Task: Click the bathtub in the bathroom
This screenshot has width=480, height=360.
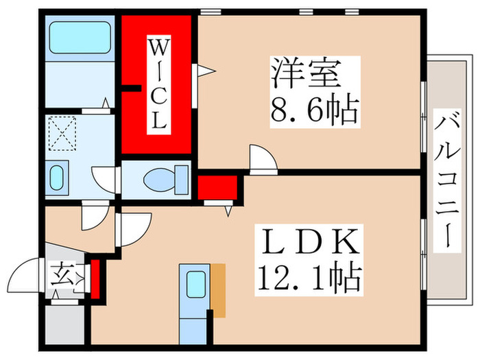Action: (x=80, y=37)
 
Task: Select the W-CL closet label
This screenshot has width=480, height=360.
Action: (x=159, y=85)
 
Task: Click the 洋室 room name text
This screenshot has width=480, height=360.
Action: (x=306, y=73)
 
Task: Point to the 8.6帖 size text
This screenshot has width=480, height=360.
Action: (x=314, y=110)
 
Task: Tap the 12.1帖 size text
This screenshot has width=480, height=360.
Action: (x=309, y=278)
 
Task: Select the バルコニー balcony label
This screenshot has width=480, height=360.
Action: (x=448, y=181)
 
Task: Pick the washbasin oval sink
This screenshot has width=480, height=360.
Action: (x=57, y=178)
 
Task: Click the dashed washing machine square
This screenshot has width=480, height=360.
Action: (x=62, y=134)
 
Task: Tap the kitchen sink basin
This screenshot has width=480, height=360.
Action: (x=195, y=284)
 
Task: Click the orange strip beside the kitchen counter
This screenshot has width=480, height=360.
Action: (x=218, y=290)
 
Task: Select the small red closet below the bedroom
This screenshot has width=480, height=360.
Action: (x=217, y=187)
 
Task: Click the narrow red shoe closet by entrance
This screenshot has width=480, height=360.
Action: (x=95, y=279)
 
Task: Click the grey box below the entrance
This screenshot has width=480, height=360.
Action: (x=64, y=324)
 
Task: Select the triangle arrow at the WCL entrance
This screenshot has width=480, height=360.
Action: (x=206, y=71)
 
